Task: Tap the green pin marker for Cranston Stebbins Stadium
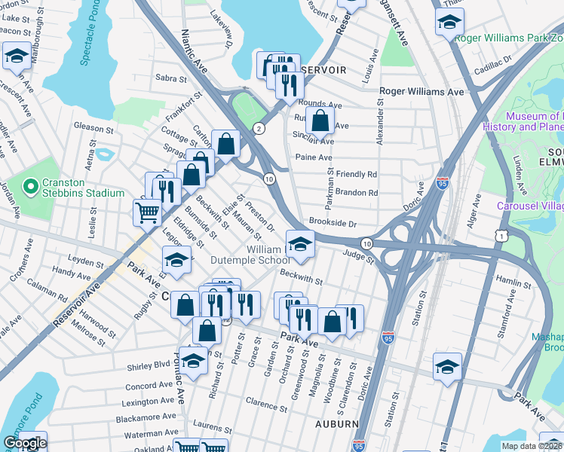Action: point(31,185)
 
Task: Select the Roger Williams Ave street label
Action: point(421,91)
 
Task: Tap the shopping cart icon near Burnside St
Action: point(147,212)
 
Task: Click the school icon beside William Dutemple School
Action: point(299,243)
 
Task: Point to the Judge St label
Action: point(359,258)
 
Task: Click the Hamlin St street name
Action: point(514,284)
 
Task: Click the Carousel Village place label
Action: point(529,206)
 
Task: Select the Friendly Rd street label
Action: point(356,174)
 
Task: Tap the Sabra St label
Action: point(170,78)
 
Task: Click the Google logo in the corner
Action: point(24,444)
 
